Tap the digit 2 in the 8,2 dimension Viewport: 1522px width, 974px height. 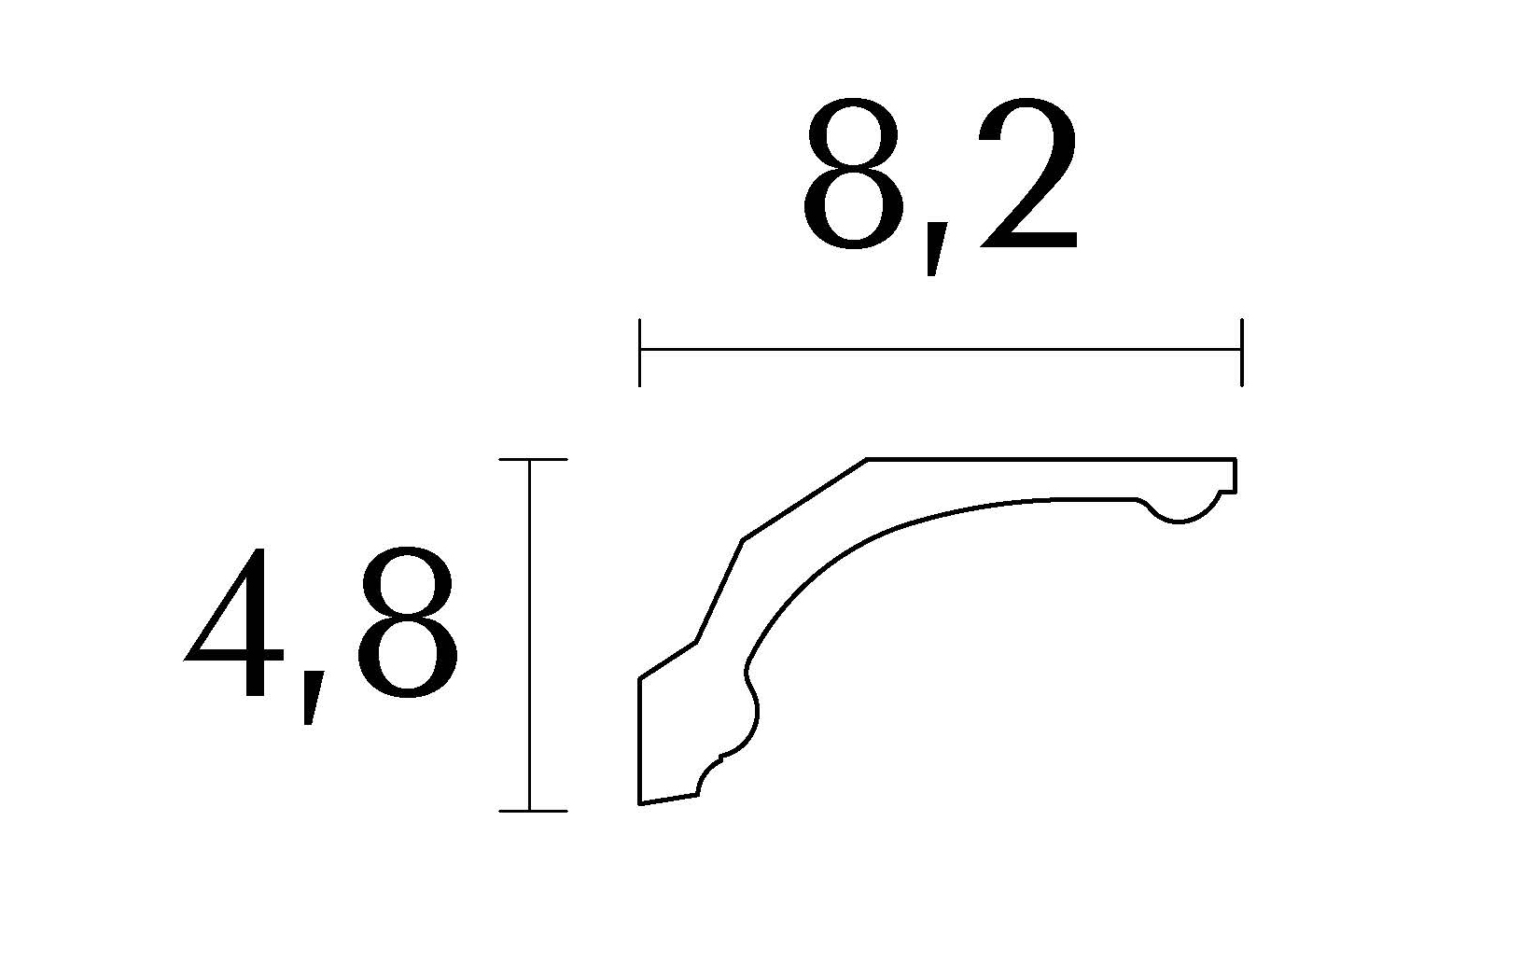[1027, 174]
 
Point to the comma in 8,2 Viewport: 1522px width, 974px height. [936, 248]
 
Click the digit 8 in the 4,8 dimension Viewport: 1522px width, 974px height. [408, 621]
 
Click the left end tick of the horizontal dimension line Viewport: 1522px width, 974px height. [639, 352]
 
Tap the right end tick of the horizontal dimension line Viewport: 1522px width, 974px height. [1242, 352]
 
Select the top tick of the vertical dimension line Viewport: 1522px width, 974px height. [534, 460]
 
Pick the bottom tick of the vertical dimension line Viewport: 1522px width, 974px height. [534, 811]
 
